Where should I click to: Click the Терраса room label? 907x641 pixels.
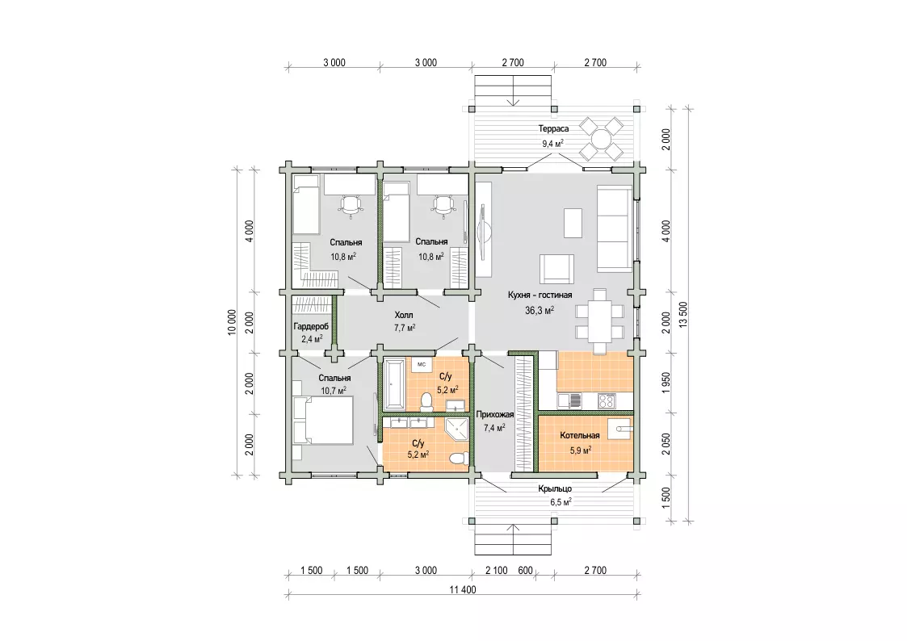(553, 129)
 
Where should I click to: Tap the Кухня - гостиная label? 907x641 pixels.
(540, 295)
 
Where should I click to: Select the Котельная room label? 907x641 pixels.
(580, 436)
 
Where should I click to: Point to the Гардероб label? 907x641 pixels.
(311, 327)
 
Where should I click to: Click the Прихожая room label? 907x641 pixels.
(494, 414)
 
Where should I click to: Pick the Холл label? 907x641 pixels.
(404, 316)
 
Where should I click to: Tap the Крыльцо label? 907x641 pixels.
(555, 489)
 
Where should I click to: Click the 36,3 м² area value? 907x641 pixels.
(540, 310)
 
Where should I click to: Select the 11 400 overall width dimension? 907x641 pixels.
(463, 590)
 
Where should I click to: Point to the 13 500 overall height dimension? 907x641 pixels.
(684, 315)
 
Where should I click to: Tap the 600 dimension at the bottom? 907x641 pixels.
(525, 571)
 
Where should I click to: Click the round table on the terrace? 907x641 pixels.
(602, 140)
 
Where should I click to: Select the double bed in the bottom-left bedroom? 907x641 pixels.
(323, 421)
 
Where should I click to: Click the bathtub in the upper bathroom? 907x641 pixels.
(397, 383)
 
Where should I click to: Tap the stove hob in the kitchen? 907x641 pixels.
(607, 400)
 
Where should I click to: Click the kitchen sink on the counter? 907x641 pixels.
(569, 400)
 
